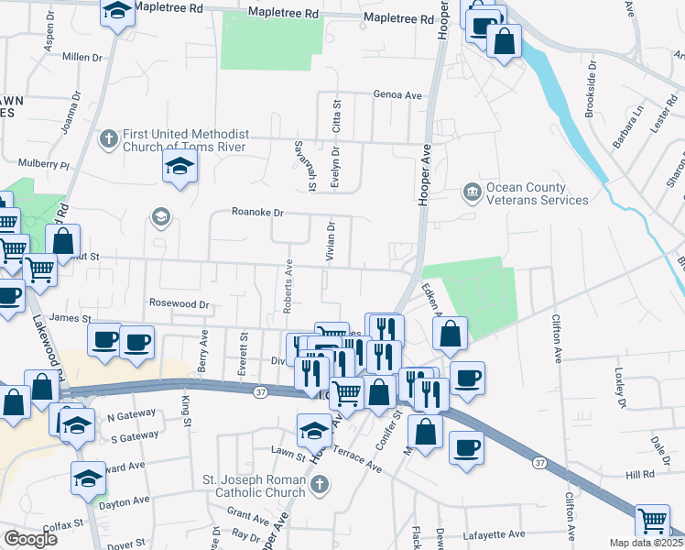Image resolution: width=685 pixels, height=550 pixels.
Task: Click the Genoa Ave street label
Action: pyautogui.click(x=397, y=94)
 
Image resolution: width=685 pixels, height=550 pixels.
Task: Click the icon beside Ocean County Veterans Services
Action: pyautogui.click(x=472, y=192)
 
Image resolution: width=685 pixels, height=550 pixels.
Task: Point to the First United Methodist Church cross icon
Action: pyautogui.click(x=108, y=139)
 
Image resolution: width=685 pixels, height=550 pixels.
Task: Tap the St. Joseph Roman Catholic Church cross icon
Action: pyautogui.click(x=319, y=486)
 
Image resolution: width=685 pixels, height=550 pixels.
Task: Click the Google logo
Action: pyautogui.click(x=30, y=539)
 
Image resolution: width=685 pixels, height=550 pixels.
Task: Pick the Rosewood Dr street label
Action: pyautogui.click(x=180, y=303)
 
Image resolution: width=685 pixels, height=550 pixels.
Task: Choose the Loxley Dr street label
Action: pyautogui.click(x=619, y=389)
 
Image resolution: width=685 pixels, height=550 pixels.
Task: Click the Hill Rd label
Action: pyautogui.click(x=641, y=474)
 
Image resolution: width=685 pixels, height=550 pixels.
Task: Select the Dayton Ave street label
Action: pyautogui.click(x=125, y=501)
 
